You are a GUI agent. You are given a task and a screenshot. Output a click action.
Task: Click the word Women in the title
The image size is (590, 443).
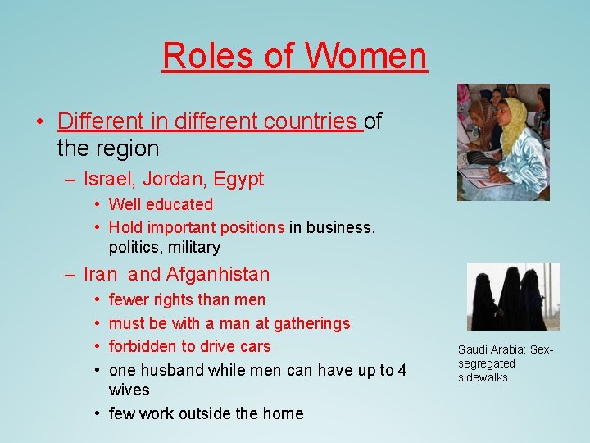point(366,56)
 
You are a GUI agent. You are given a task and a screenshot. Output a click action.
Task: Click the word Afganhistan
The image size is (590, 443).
point(218,274)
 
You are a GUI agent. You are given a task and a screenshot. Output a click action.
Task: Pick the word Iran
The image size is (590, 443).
point(101,274)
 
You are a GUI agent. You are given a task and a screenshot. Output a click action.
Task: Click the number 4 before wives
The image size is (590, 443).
point(402,370)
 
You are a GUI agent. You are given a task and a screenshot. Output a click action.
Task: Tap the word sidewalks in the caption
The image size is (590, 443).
point(483,377)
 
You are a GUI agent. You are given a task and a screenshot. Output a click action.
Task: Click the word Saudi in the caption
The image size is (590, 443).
point(473,349)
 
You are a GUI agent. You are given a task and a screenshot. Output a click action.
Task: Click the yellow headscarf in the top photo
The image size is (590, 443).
point(515,123)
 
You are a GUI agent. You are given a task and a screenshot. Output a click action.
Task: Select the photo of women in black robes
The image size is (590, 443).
point(513,296)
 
